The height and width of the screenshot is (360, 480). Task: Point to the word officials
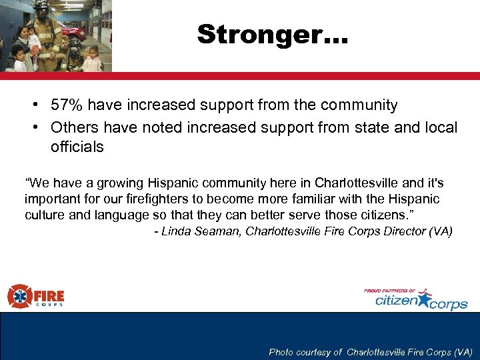pyautogui.click(x=77, y=147)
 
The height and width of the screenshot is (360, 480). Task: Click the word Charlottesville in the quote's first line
pyautogui.click(x=357, y=183)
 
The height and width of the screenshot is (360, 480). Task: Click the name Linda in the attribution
pyautogui.click(x=175, y=231)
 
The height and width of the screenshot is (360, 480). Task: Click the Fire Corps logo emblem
pyautogui.click(x=18, y=296)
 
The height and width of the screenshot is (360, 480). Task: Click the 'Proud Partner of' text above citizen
pyautogui.click(x=389, y=291)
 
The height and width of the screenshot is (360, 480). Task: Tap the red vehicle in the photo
pyautogui.click(x=73, y=30)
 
